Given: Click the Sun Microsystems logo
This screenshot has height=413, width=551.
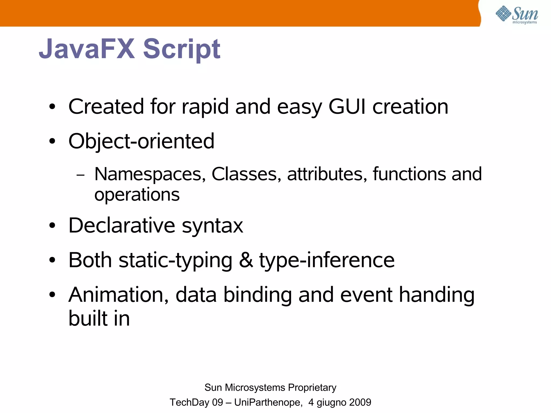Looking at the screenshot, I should pos(517,15).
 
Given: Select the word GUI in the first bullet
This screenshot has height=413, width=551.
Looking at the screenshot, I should pos(347,106).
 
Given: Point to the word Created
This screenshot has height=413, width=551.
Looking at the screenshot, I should pos(106,106).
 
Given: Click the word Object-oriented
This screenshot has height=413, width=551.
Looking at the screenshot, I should pos(142,141).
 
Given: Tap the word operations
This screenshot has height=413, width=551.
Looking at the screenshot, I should pos(137,195).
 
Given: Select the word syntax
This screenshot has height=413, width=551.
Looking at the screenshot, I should pos(213,226).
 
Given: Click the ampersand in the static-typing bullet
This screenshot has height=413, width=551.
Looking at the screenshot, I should pos(246,260).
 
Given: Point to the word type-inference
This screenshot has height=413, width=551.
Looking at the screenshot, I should pos(327,260).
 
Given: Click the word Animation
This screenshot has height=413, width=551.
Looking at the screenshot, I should pos(119,295).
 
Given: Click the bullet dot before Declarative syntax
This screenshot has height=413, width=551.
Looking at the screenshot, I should pos(52,226).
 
